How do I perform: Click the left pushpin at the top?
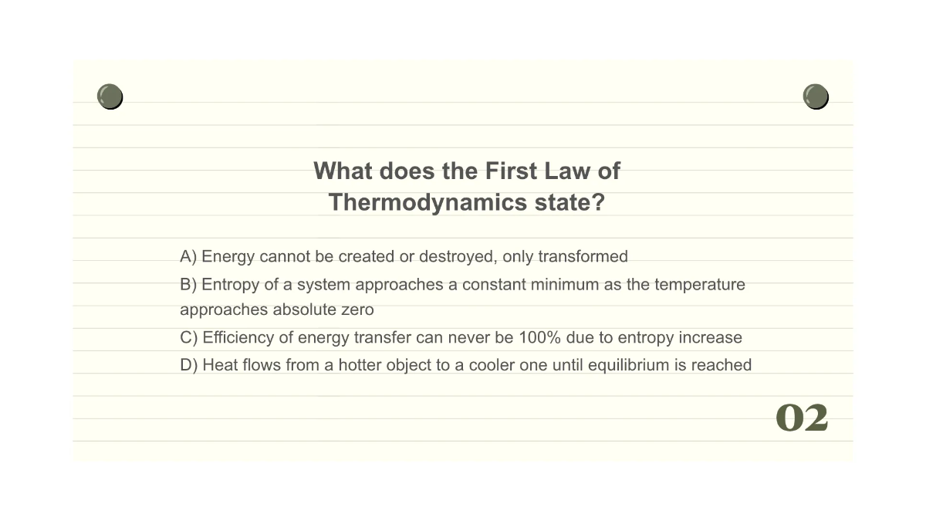click(110, 96)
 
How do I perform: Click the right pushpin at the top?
click(816, 96)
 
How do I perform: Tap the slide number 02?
click(802, 418)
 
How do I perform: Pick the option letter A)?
click(188, 256)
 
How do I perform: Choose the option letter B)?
click(188, 284)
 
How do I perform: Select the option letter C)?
click(189, 337)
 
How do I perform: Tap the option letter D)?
click(189, 364)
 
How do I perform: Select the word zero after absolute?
click(357, 310)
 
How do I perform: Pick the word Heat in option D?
click(220, 364)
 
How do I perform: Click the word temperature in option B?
click(700, 285)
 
